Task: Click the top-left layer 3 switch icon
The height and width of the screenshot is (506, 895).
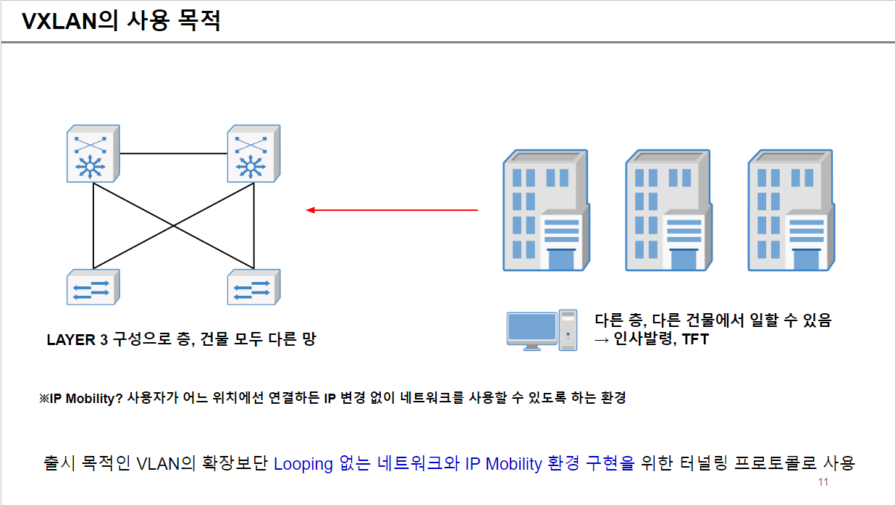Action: coord(93,154)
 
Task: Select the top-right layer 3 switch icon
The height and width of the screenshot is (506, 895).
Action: coord(253,154)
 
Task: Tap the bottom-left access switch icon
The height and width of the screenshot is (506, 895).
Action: coord(93,288)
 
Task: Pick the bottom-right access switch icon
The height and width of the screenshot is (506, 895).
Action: coord(253,288)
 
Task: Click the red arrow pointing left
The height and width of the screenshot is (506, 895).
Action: coord(392,210)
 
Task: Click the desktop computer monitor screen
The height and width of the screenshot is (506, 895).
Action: coord(531,328)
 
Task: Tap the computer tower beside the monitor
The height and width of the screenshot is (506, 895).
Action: coord(568,330)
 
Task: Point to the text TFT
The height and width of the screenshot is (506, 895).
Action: coord(694,339)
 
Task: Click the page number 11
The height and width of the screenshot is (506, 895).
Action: coord(823,483)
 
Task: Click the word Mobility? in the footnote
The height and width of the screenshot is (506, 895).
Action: coord(96,398)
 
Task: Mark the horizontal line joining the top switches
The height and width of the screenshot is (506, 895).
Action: coord(173,154)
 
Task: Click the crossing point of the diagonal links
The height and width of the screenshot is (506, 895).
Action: coord(173,225)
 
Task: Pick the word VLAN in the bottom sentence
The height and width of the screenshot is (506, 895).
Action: coord(158,463)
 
